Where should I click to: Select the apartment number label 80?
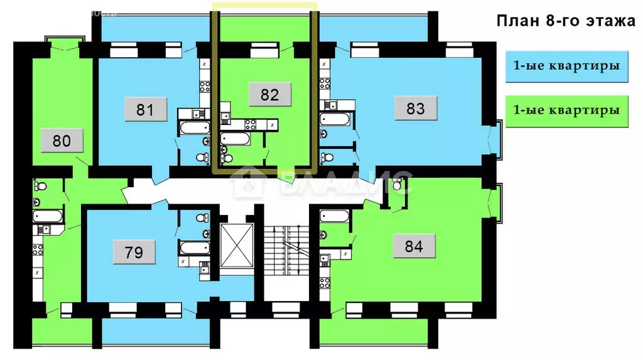tap(62, 141)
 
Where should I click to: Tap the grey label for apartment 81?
tap(145, 109)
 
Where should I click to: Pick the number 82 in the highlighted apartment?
tap(269, 95)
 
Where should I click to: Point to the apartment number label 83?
tap(416, 109)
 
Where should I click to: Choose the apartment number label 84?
tap(414, 246)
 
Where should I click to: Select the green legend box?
tap(566, 110)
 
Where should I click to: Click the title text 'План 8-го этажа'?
tap(566, 21)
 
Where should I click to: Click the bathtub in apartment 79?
tap(194, 247)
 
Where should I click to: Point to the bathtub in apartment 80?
tap(48, 216)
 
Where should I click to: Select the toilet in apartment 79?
tap(201, 217)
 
